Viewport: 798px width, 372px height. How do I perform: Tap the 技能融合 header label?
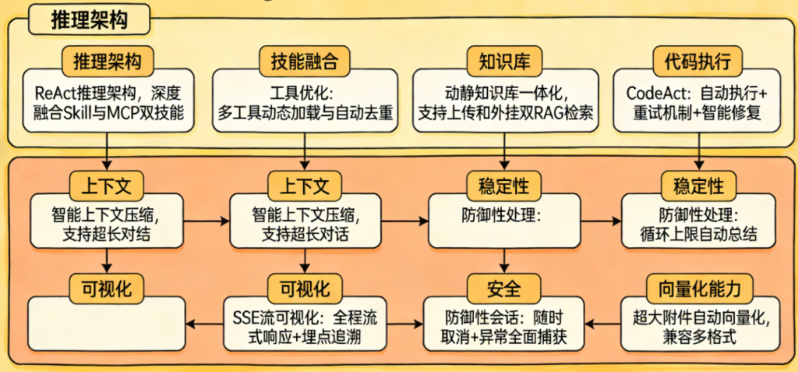point(305,62)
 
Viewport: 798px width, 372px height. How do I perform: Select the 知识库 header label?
point(504,62)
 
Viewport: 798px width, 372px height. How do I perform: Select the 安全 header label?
point(504,288)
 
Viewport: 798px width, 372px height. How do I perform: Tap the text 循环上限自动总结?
point(697,232)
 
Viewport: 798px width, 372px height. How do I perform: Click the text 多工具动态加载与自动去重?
point(305,112)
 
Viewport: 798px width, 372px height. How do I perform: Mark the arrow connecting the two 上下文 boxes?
point(207,221)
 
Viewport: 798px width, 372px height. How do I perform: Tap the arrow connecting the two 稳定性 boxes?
point(601,221)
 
